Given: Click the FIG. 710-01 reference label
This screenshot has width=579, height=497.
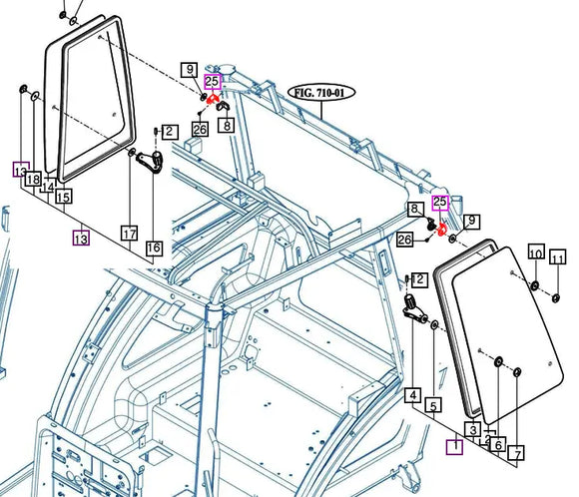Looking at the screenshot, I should pos(321,92).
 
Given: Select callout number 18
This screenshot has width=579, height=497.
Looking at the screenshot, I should pos(33,180).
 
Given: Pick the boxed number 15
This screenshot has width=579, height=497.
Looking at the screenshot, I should pos(63,197).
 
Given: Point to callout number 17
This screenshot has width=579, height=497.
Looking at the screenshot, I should pos(129,234).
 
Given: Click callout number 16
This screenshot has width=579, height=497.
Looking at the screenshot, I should pos(153,248).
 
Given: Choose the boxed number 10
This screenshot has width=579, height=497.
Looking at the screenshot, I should pos(535,255).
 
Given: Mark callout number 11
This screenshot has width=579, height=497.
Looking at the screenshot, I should pos(558,259).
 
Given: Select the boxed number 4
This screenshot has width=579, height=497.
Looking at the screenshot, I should pos(412,395).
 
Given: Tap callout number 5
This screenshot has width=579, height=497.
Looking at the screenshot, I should pos(433,405).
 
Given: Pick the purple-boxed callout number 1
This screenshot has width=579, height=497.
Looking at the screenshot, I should pos(454,446).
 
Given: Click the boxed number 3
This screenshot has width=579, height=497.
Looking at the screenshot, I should pos(473,429).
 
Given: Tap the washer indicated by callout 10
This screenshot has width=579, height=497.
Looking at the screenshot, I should pos(535,287).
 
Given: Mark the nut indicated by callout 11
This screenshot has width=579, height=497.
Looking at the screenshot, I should pos(556,296).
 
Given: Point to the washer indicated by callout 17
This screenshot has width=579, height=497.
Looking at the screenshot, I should pos(132,153).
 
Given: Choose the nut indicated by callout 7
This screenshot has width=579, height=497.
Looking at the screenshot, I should pos(517,374).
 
